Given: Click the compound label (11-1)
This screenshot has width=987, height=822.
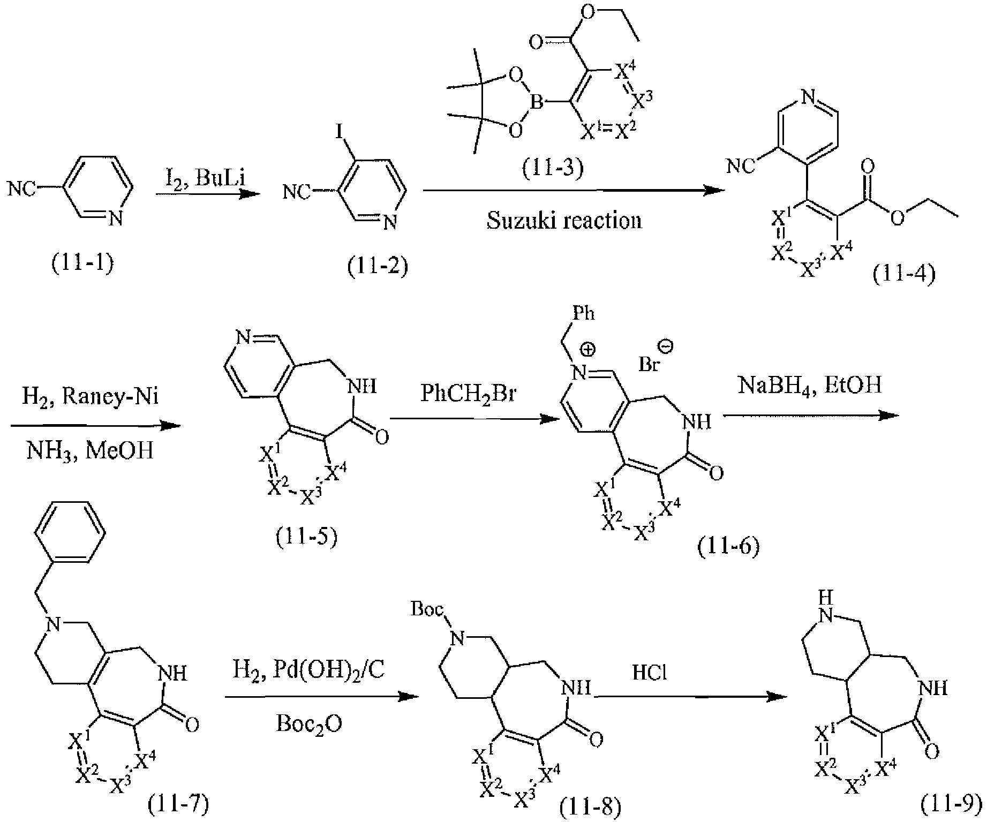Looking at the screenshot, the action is point(83,265).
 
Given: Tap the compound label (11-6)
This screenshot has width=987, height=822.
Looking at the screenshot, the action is point(728,547).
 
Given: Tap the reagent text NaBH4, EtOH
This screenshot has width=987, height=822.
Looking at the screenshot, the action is point(809,387).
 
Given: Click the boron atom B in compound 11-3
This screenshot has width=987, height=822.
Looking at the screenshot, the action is point(537,101).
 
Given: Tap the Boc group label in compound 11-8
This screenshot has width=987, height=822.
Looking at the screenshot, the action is point(427,609).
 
